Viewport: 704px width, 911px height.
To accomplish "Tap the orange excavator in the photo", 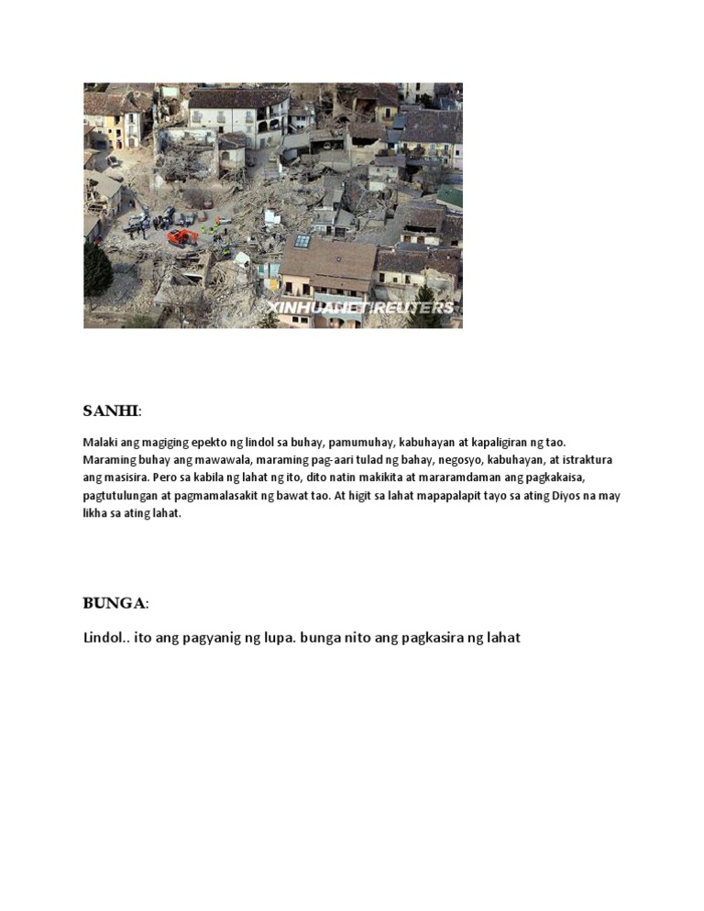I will (182, 236).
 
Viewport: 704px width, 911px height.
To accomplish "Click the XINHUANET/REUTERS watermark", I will (359, 308).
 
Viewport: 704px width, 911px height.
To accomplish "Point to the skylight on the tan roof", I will (302, 242).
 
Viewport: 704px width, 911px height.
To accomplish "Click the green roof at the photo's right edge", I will (451, 196).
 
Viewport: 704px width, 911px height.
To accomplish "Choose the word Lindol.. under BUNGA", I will (105, 638).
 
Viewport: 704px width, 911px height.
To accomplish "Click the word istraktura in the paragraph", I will (586, 460).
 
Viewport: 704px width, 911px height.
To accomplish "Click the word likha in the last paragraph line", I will (96, 513).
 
